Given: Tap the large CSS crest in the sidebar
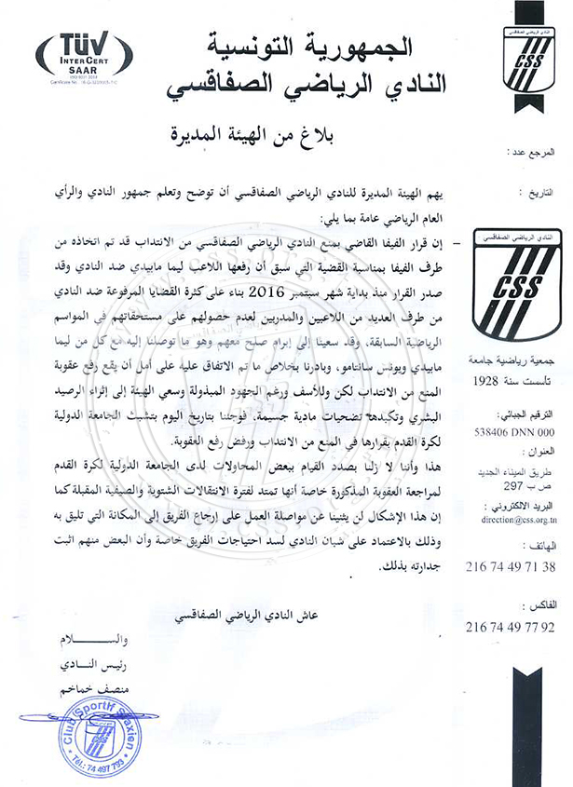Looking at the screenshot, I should [515, 285].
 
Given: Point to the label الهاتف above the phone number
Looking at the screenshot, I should [545, 547].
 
